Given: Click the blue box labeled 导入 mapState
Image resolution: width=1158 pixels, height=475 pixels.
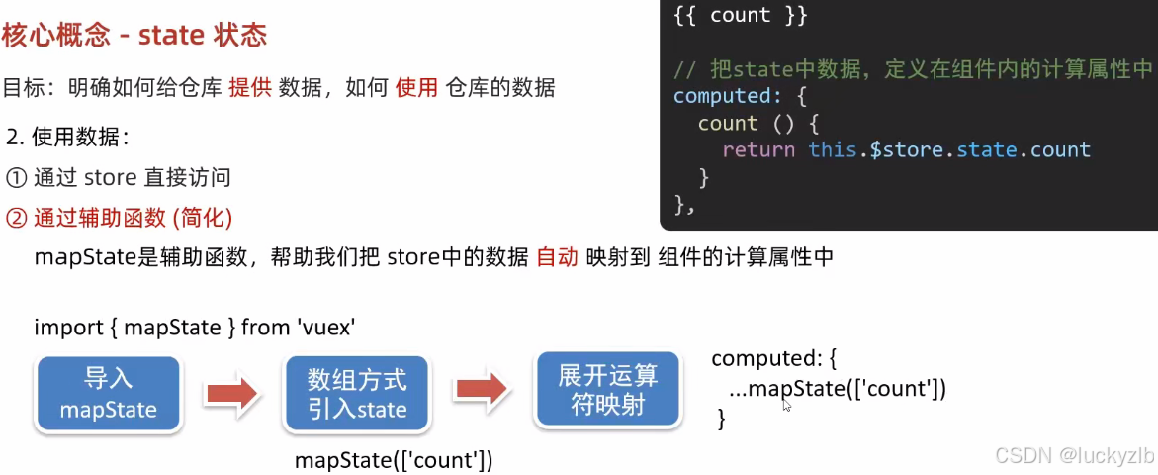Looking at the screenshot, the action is pos(108,393).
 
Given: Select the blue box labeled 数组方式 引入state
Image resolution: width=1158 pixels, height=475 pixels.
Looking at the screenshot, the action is pos(357,393).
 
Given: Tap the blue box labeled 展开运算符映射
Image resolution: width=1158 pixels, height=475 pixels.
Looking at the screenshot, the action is pos(608,389).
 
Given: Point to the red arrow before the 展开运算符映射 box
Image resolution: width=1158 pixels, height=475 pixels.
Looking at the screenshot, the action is pos(483,390).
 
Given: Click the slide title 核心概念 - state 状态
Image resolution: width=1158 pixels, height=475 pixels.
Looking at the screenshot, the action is pos(134,36).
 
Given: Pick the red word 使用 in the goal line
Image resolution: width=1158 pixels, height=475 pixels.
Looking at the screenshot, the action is pos(417,88).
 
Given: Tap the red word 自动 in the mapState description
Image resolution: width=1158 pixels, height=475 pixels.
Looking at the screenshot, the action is pos(557,257).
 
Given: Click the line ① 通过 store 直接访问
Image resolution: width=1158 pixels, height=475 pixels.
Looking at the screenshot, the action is pos(118,177).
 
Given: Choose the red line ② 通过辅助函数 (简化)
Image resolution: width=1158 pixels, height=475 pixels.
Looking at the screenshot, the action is pos(119,217).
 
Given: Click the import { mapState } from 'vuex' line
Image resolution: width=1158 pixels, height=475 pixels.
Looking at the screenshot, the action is pos(196,328).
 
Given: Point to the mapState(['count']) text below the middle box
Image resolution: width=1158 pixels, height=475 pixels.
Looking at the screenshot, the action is pos(394,460).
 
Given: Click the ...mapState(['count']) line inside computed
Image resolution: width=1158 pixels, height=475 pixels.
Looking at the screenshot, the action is pos(838,388).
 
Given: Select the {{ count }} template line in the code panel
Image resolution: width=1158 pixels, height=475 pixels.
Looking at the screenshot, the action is pos(741,16).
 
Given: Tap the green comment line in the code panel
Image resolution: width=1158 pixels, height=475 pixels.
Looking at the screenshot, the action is pos(913,69).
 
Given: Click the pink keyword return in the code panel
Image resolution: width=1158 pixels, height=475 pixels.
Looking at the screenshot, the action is pos(758,150).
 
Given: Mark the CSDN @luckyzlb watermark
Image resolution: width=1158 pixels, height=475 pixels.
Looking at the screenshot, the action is pos(1074,454).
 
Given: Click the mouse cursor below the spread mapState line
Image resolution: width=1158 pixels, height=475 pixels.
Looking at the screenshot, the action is pos(787,405).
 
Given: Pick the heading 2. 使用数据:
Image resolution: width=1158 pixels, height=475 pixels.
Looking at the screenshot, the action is pos(68,137).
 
